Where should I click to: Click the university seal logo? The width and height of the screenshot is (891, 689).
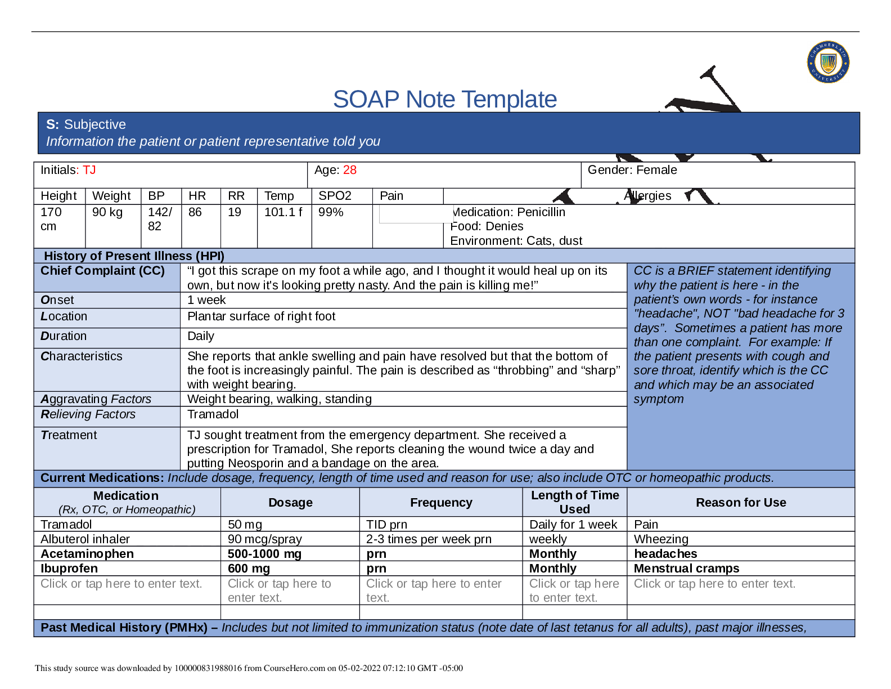point(828,62)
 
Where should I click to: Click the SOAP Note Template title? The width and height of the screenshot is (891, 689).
point(444,99)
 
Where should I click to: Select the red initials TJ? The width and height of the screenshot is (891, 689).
point(89,170)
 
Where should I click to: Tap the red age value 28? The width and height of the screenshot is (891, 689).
point(350,170)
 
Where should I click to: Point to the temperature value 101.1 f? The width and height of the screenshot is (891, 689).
point(283,212)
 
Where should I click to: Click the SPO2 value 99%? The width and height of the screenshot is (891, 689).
point(331,212)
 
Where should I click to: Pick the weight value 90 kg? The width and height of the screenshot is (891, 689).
point(107,212)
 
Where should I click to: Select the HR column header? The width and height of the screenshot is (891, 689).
point(197,196)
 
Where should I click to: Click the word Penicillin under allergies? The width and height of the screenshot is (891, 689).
point(541,212)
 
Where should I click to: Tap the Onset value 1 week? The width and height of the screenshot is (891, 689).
point(206,300)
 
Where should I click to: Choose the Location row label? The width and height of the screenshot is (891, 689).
point(64,316)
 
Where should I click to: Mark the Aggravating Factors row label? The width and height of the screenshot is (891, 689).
point(96,399)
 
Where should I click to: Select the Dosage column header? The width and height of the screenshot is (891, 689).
point(290,503)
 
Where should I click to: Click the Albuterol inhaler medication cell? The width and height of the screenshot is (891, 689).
point(85,539)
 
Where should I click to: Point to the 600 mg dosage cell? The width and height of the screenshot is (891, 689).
point(249,569)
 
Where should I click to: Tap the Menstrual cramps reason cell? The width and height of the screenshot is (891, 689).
point(686,569)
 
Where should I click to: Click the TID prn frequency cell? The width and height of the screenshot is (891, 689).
point(387,525)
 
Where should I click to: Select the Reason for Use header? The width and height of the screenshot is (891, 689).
point(741,503)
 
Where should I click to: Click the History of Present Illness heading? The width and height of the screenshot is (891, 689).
point(134,256)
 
